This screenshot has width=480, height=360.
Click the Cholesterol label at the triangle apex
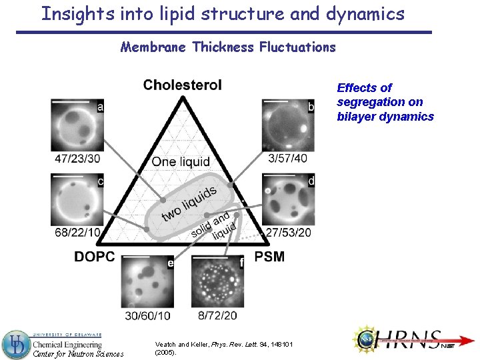click(x=182, y=85)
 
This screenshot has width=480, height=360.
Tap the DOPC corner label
click(x=94, y=257)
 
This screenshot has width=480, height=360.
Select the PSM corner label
click(x=269, y=257)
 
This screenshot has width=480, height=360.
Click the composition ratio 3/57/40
click(x=288, y=158)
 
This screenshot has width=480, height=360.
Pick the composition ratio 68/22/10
click(x=77, y=232)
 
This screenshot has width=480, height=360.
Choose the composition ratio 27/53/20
click(x=288, y=232)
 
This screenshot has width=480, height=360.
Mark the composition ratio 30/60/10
click(x=147, y=315)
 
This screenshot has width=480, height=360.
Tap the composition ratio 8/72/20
click(x=217, y=315)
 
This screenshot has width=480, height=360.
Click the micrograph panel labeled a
click(x=77, y=125)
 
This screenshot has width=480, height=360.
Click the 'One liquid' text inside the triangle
click(x=181, y=162)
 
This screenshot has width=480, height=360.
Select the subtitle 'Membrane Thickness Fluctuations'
click(x=228, y=47)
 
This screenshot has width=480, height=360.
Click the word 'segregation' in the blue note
click(x=379, y=102)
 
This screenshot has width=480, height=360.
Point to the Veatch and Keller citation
click(x=226, y=347)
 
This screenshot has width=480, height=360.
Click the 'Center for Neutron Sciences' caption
click(x=79, y=353)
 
